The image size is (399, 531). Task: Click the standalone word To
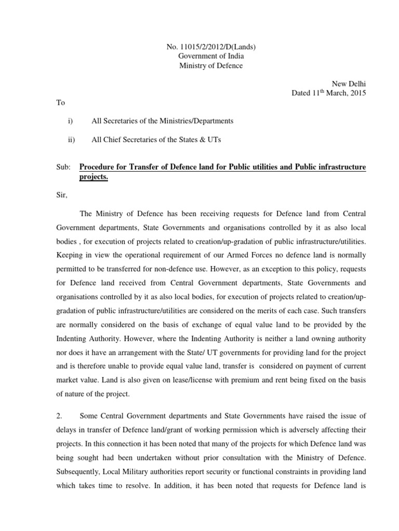tap(61, 103)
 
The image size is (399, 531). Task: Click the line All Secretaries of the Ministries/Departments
tap(162, 121)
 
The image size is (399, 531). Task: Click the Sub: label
tap(63, 167)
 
